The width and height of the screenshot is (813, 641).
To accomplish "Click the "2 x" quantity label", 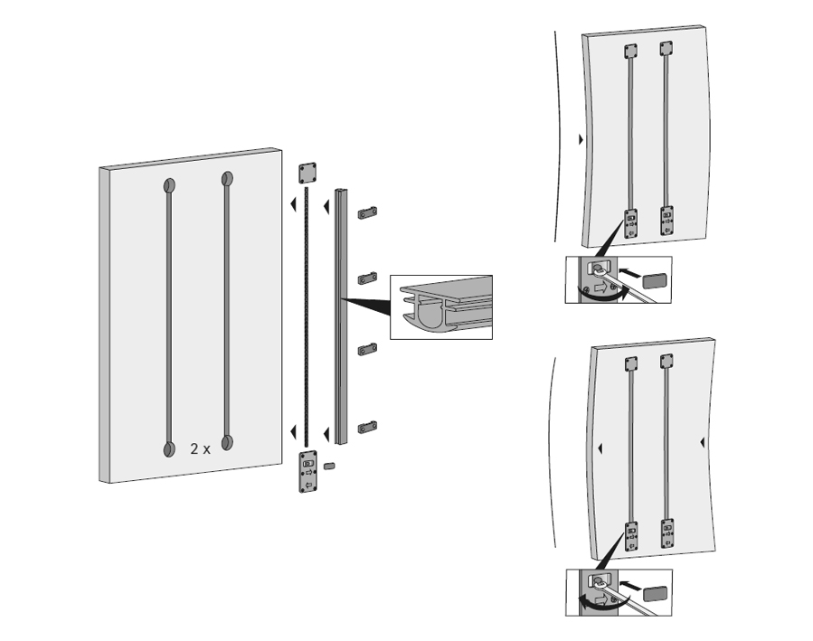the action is (200, 448).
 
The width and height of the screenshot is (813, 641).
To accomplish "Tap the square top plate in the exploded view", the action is (307, 173).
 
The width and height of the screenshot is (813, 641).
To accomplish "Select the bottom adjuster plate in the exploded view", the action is (308, 471).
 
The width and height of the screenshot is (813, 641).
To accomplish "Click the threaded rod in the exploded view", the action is (306, 316).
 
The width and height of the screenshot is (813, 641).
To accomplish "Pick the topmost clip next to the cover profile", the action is (367, 212).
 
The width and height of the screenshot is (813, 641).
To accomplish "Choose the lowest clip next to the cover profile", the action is (367, 428).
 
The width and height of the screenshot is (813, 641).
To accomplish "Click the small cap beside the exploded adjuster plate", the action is (328, 466).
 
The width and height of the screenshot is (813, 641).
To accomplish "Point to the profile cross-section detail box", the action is (441, 307).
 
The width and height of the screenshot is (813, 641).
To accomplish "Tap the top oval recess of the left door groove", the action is (169, 185).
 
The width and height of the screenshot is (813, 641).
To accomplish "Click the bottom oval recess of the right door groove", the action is (227, 443).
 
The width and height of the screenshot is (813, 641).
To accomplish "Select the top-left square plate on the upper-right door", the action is (630, 51).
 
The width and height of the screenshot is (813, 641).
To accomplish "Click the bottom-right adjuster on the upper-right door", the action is (666, 221).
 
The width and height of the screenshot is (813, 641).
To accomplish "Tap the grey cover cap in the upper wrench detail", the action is (655, 281).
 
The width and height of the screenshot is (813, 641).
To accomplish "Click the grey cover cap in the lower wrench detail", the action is (656, 594).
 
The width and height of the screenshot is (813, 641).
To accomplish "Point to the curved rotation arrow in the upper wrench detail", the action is (603, 297).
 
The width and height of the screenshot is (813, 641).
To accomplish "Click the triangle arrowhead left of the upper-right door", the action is (581, 139).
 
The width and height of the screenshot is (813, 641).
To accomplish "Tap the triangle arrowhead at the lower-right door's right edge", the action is (702, 443).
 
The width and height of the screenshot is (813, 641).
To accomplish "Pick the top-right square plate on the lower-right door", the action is (666, 361).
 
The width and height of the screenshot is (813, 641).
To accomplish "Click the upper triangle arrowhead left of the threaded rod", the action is (293, 204).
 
